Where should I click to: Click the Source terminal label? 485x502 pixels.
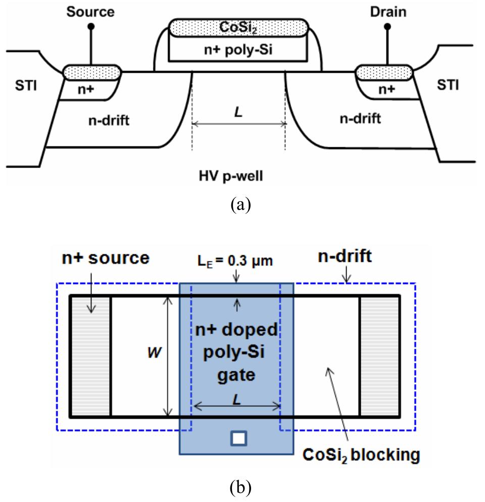click(x=91, y=11)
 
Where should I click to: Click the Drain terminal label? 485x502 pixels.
click(x=387, y=11)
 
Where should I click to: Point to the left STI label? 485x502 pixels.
click(x=23, y=86)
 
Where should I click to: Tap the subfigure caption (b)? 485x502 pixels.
click(x=239, y=488)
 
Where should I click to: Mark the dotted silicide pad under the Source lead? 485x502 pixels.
click(x=91, y=72)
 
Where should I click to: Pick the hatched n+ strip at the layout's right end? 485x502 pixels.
click(x=379, y=356)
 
